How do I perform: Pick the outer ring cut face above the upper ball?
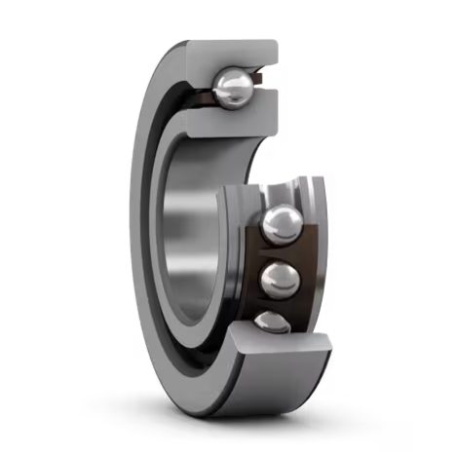coord(234,54)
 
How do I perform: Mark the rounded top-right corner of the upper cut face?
coord(274,46)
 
